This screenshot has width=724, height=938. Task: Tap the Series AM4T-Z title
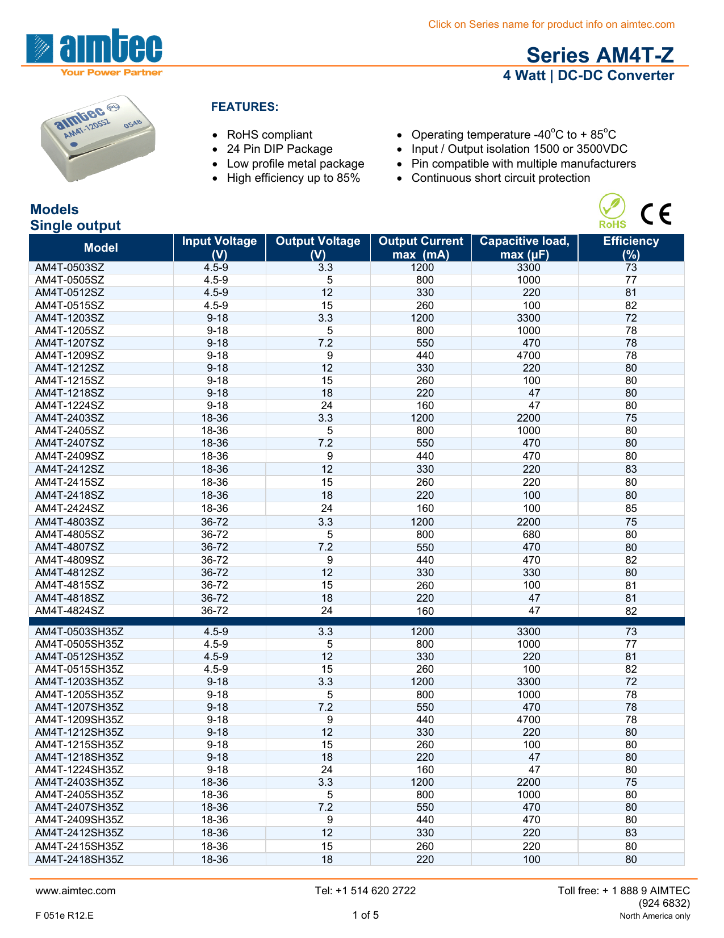(600, 55)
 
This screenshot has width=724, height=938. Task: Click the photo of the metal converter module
(98, 139)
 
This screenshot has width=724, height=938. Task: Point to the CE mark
(656, 214)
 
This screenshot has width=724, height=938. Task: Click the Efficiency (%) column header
(631, 248)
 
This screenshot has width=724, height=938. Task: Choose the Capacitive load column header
(524, 248)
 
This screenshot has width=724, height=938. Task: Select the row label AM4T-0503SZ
(70, 268)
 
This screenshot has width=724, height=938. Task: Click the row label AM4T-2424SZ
(70, 508)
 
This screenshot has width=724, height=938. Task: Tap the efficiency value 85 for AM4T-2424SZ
(631, 508)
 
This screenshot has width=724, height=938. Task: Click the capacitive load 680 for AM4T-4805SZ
(532, 535)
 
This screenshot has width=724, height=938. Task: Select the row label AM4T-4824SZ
(70, 611)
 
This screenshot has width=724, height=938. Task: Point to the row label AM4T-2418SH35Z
(79, 860)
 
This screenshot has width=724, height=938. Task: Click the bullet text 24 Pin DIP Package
(279, 149)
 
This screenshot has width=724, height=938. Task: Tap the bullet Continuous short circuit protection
(500, 178)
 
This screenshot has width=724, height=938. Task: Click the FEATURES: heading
(245, 107)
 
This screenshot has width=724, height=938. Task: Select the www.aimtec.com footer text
(76, 891)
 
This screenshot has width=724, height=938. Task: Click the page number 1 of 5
(365, 915)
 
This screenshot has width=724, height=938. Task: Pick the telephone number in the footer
(365, 891)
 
